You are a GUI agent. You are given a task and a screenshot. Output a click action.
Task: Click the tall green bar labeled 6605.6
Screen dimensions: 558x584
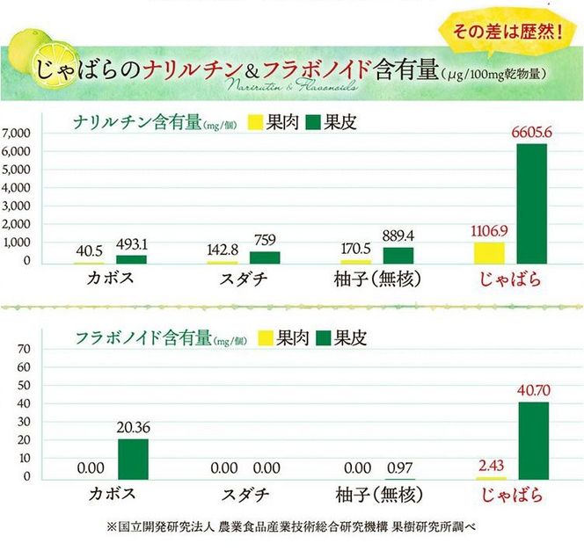pyautogui.click(x=531, y=203)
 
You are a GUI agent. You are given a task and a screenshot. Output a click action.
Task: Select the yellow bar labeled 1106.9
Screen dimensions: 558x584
pyautogui.click(x=489, y=252)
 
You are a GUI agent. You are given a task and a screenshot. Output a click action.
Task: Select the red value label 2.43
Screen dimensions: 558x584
pyautogui.click(x=490, y=464)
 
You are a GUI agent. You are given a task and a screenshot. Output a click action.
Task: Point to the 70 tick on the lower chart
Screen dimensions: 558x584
pyautogui.click(x=24, y=349)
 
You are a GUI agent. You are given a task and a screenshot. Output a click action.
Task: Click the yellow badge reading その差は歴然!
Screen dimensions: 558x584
pyautogui.click(x=497, y=34)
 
